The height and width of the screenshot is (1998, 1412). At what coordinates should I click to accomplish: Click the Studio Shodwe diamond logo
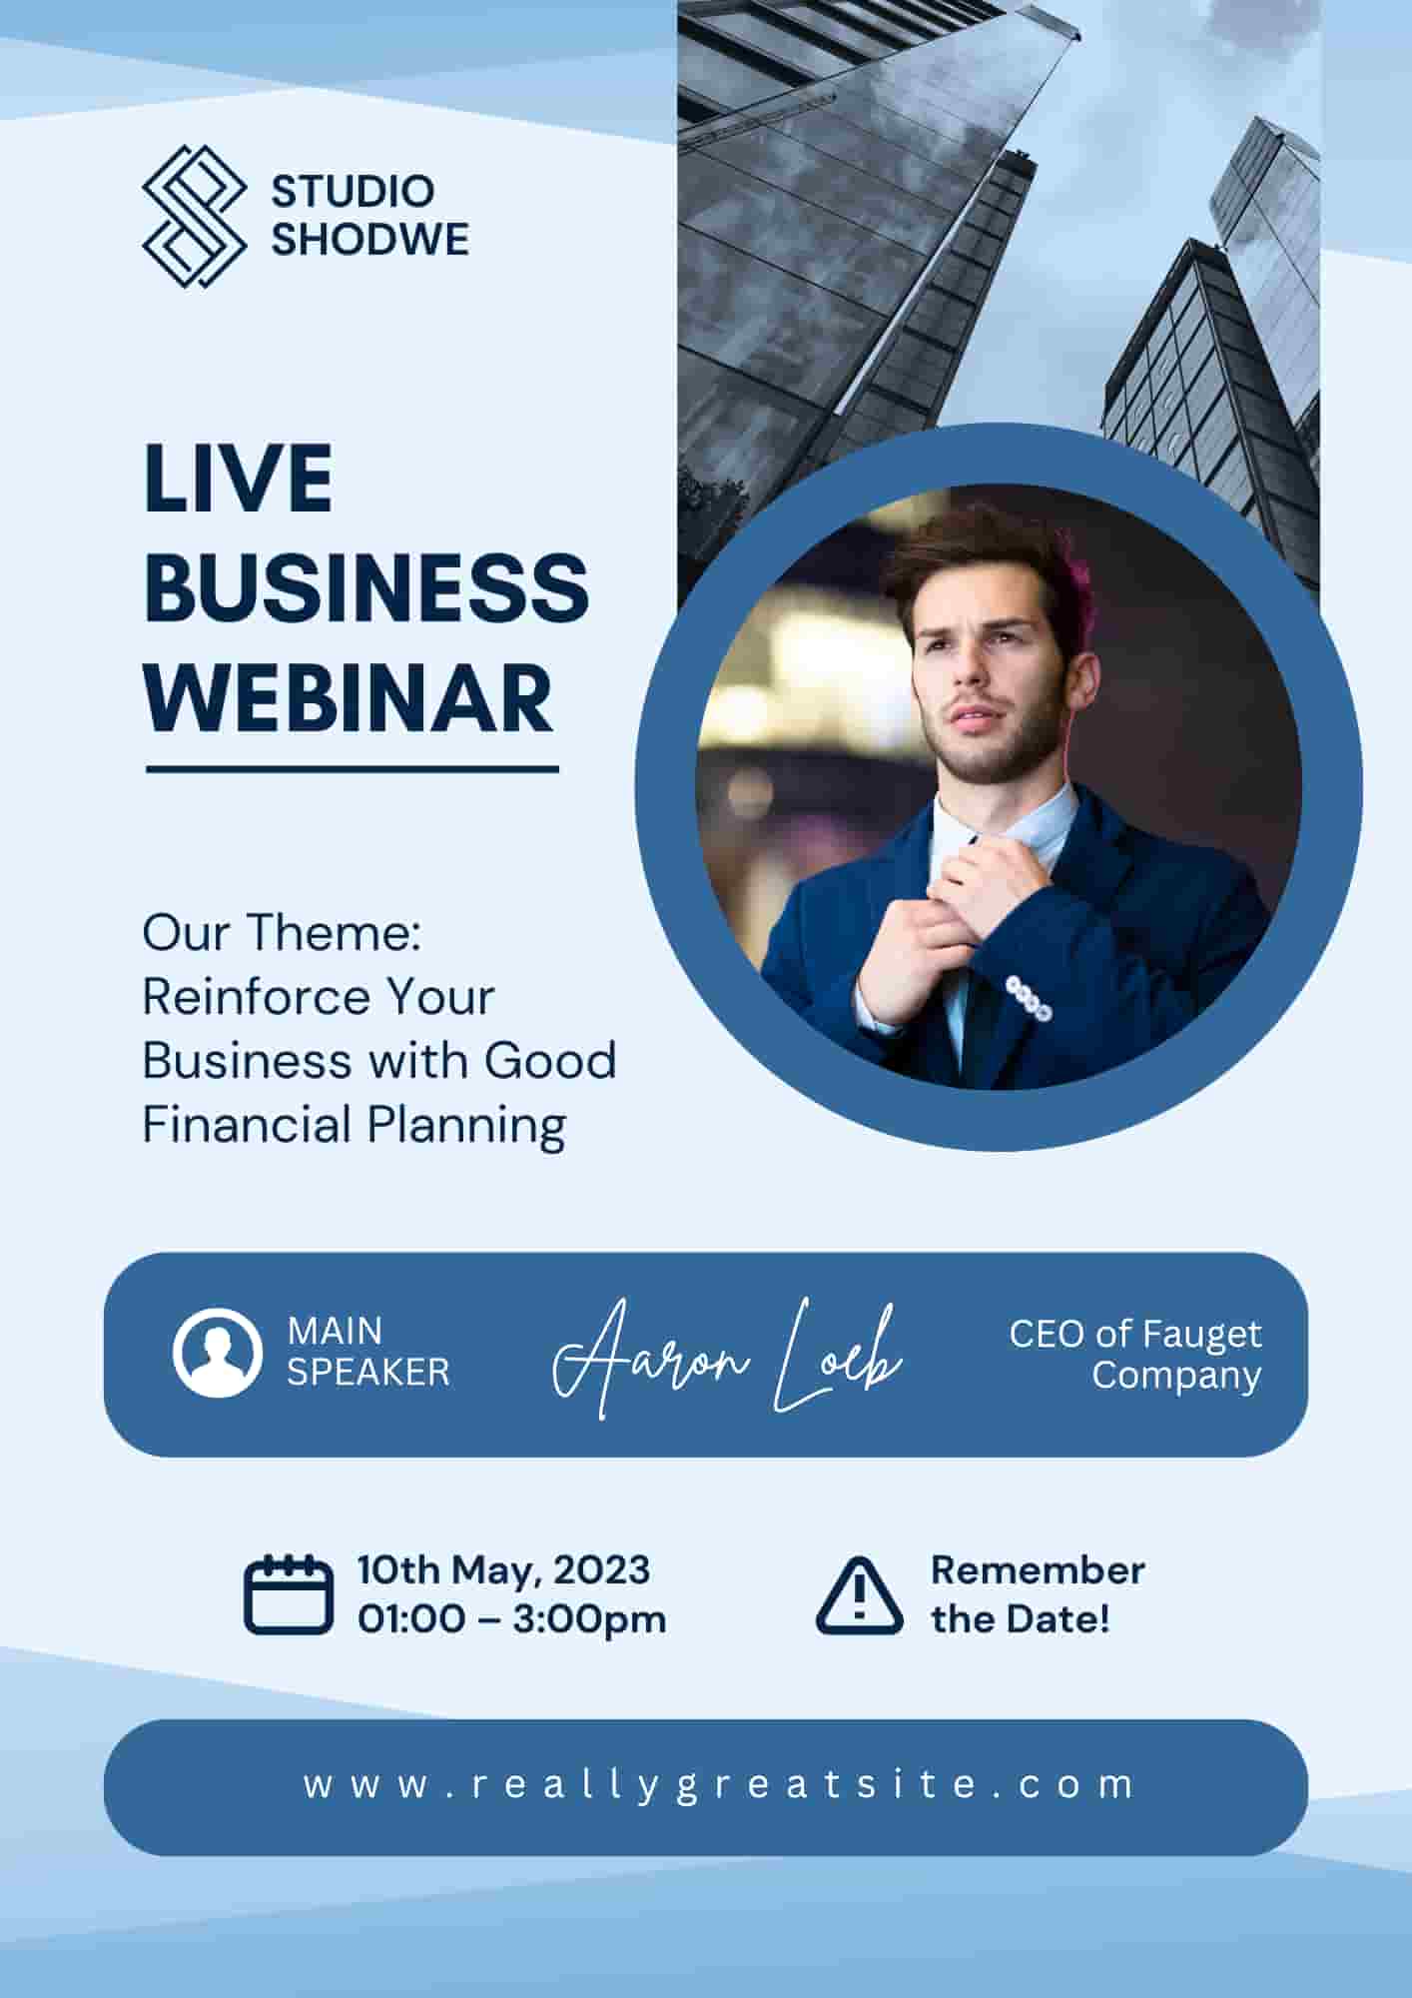(194, 217)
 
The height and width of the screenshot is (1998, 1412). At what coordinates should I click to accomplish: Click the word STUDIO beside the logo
(353, 191)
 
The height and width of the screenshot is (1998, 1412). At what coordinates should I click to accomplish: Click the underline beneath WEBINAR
(353, 769)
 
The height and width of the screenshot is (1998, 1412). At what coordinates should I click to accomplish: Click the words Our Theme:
(283, 933)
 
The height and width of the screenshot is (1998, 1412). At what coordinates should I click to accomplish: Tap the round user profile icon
(217, 1353)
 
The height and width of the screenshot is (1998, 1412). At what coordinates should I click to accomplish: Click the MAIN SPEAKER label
(368, 1352)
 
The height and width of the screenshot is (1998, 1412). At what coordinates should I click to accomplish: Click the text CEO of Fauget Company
(1135, 1354)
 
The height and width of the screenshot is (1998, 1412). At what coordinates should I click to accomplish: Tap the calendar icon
(289, 1594)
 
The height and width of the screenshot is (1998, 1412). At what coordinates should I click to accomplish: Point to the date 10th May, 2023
(504, 1569)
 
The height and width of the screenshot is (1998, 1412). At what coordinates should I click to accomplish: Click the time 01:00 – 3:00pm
(512, 1618)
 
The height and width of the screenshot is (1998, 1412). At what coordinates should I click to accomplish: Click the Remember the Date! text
(1038, 1594)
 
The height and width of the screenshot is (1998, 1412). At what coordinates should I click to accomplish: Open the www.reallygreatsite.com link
(719, 1785)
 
